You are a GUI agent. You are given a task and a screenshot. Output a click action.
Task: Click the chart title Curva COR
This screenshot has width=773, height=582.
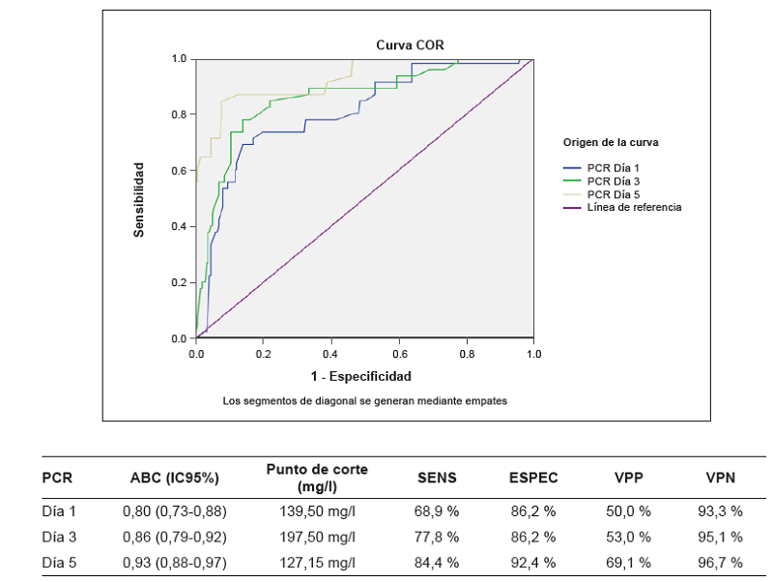(410, 44)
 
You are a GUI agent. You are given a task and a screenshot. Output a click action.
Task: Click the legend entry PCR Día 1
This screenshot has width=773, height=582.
(613, 168)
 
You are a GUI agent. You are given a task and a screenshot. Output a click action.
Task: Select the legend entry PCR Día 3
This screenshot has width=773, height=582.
(613, 181)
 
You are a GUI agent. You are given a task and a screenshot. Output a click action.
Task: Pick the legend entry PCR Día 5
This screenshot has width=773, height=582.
(613, 194)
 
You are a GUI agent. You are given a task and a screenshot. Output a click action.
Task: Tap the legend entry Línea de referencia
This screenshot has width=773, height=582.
(634, 207)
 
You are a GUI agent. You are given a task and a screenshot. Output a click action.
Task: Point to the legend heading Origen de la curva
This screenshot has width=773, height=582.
(611, 142)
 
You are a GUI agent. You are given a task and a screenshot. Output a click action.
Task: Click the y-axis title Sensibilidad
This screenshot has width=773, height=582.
(140, 199)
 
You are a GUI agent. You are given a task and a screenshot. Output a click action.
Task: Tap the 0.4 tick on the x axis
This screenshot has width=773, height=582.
(331, 354)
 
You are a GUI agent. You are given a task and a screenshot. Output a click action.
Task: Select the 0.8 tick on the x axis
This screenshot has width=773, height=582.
(467, 354)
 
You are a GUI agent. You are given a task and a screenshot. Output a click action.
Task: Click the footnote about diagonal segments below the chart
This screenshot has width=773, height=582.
(365, 399)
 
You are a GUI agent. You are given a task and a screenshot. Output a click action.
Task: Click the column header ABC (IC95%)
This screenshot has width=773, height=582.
(175, 478)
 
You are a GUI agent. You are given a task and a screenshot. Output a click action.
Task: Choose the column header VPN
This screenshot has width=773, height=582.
(720, 478)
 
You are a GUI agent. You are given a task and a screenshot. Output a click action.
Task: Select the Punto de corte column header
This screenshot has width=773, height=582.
(317, 478)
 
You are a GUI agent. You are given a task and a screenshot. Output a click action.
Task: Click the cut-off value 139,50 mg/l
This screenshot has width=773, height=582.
(317, 510)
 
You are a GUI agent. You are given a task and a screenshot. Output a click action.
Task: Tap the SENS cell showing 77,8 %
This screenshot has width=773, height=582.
(437, 537)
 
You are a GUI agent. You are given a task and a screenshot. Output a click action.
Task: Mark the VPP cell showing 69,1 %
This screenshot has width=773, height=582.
(631, 563)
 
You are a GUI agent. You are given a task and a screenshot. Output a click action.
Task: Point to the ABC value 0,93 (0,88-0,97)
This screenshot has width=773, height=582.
(175, 563)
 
